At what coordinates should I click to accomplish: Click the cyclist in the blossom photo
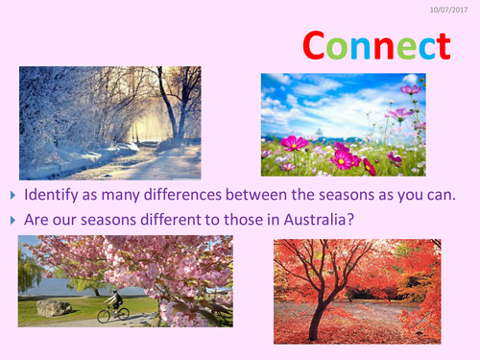coord(116,301)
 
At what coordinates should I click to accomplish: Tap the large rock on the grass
coord(54,307)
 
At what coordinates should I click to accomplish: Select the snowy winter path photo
coord(109,123)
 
